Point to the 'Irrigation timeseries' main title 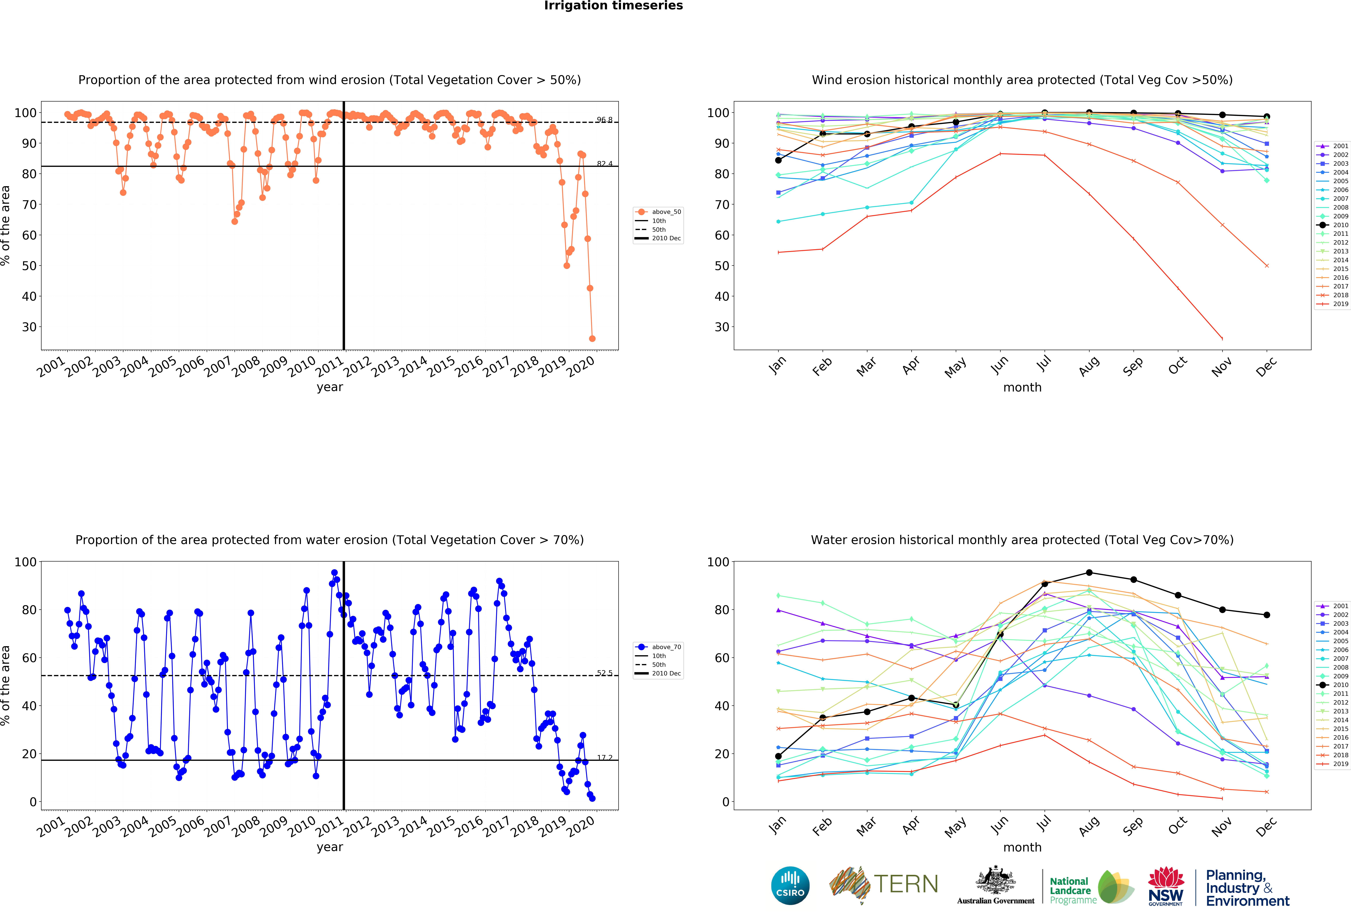click(x=613, y=6)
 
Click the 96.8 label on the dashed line click(x=604, y=120)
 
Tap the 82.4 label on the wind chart click(x=604, y=163)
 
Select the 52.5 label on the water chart click(x=604, y=673)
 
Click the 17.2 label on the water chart click(x=604, y=758)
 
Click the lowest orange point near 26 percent click(x=592, y=338)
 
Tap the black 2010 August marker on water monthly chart click(x=1089, y=573)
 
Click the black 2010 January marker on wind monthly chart click(x=778, y=160)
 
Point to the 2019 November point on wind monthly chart click(x=1222, y=338)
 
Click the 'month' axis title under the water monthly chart click(x=1022, y=847)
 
